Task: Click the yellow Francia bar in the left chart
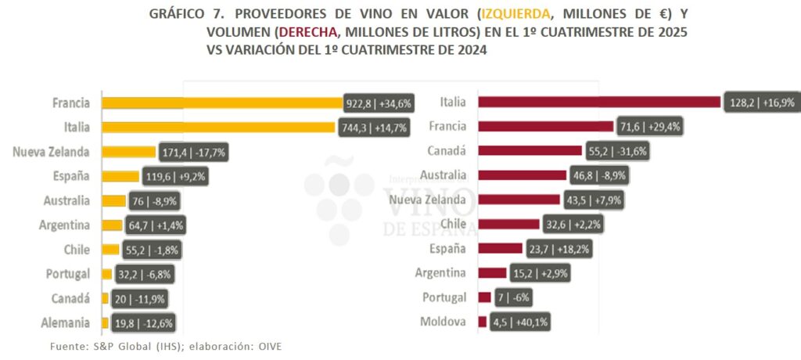pyautogui.click(x=223, y=103)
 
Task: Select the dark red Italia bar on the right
pyautogui.click(x=598, y=102)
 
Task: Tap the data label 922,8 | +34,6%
pyautogui.click(x=379, y=103)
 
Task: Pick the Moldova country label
pyautogui.click(x=444, y=322)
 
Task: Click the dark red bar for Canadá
pyautogui.click(x=530, y=150)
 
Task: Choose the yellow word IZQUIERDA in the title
pyautogui.click(x=517, y=15)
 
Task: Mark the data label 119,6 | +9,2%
pyautogui.click(x=173, y=176)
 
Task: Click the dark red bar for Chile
pyautogui.click(x=508, y=224)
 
